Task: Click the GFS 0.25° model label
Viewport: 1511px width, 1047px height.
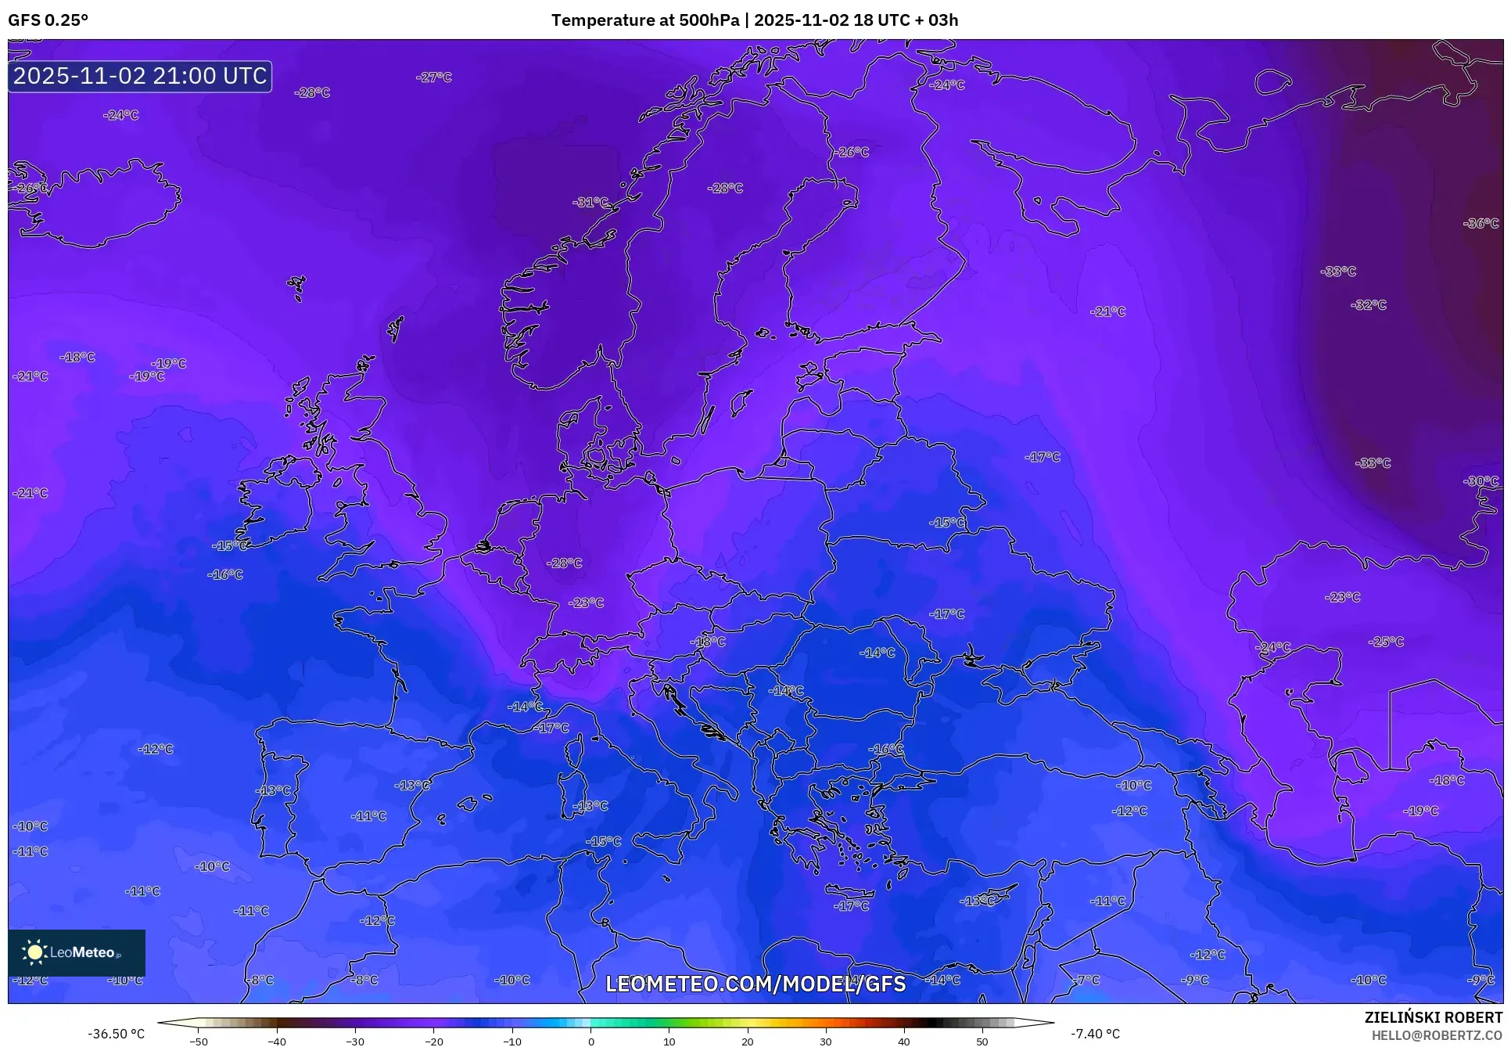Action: [x=48, y=20]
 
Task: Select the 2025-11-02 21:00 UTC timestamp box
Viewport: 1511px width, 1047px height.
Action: [x=140, y=76]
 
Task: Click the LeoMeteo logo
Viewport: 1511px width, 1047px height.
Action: [x=77, y=952]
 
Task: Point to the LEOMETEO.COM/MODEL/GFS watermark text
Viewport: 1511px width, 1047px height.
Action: [x=755, y=984]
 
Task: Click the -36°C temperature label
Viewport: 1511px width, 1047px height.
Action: [x=1480, y=224]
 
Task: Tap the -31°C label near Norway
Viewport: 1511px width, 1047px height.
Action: [x=590, y=202]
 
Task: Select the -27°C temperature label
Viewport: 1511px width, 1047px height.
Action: [x=434, y=77]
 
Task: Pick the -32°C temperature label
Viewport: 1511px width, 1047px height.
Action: [x=1368, y=305]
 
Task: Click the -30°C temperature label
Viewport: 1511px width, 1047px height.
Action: [x=1480, y=481]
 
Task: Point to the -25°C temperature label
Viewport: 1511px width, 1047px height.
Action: [x=1386, y=642]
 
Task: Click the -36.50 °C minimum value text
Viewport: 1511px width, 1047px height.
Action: [x=117, y=1034]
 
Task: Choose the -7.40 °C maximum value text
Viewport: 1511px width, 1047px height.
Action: [x=1095, y=1034]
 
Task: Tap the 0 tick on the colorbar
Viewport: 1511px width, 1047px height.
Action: [x=590, y=1042]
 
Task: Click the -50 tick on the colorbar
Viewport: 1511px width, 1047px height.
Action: [x=199, y=1042]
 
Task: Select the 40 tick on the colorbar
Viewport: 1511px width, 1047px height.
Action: [x=904, y=1042]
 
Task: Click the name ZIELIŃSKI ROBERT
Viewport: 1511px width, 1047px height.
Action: [x=1433, y=1018]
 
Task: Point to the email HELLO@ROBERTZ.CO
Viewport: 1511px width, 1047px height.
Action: [x=1437, y=1035]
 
